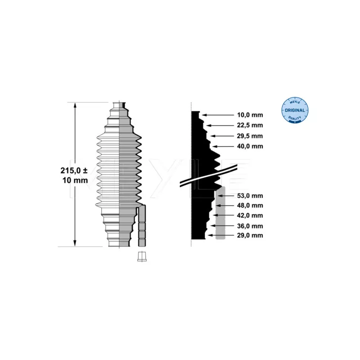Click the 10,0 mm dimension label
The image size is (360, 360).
pos(251,115)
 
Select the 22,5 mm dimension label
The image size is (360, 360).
pos(251,126)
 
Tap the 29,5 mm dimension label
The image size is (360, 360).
pos(251,136)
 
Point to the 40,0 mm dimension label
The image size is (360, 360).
pos(251,146)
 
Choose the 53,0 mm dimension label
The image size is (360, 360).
pos(251,196)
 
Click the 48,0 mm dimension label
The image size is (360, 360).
pos(251,206)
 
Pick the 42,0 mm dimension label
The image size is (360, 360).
pos(251,216)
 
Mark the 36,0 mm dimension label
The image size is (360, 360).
pos(251,226)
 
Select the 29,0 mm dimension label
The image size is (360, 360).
pos(251,235)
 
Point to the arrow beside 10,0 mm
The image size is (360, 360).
pos(219,115)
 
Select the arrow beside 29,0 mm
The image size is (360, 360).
pos(223,235)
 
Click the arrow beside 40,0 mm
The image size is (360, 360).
pos(225,146)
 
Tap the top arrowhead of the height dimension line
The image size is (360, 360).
pos(75,105)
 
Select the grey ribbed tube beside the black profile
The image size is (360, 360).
pos(220,214)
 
